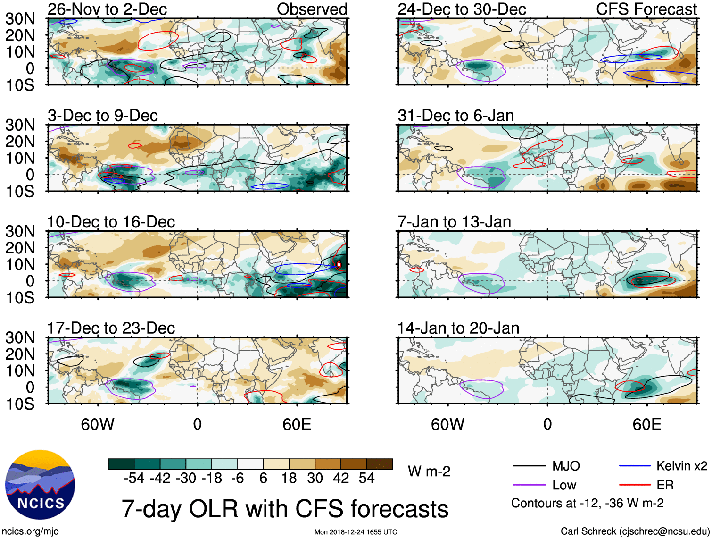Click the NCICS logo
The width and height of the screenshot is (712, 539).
40,485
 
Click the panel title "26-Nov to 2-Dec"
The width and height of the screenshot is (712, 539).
107,9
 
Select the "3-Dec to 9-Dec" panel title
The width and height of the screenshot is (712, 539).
102,116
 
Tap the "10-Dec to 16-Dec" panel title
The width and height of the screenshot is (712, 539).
111,222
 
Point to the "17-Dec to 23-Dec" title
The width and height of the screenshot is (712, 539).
111,328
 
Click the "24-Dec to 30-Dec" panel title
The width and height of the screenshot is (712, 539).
462,9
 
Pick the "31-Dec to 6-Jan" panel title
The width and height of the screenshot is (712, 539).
455,116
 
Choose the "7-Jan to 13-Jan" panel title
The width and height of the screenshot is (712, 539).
454,222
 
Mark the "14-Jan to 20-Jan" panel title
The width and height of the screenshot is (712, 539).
458,328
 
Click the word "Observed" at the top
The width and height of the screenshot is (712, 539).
312,9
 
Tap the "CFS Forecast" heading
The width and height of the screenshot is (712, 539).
646,9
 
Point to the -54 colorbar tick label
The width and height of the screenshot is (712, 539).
134,479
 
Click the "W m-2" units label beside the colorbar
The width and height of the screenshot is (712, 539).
429,472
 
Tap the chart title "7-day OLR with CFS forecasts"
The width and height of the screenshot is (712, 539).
285,509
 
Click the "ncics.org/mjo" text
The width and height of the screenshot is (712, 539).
30,531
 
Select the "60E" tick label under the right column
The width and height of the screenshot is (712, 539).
646,424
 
